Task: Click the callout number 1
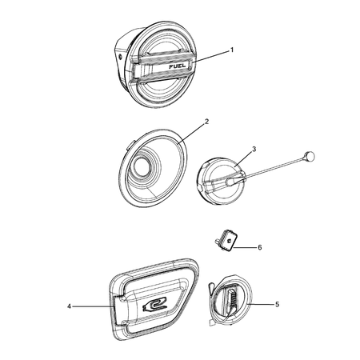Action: [x=231, y=50]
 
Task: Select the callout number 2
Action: [x=206, y=122]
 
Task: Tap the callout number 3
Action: [x=254, y=149]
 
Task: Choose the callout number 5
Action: [x=277, y=304]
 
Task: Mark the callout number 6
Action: [x=259, y=248]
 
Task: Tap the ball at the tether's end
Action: [x=310, y=157]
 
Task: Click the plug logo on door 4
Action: [x=157, y=302]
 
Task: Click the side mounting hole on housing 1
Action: [x=118, y=58]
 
